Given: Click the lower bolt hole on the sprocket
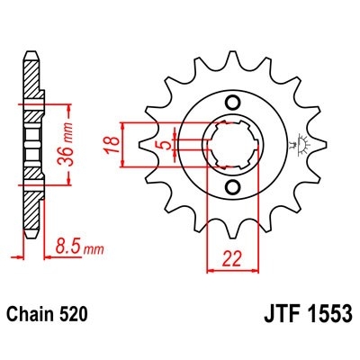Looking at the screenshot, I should coord(233,186).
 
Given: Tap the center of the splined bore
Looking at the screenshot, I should coord(233,143).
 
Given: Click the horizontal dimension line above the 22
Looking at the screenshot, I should coord(233,267).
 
